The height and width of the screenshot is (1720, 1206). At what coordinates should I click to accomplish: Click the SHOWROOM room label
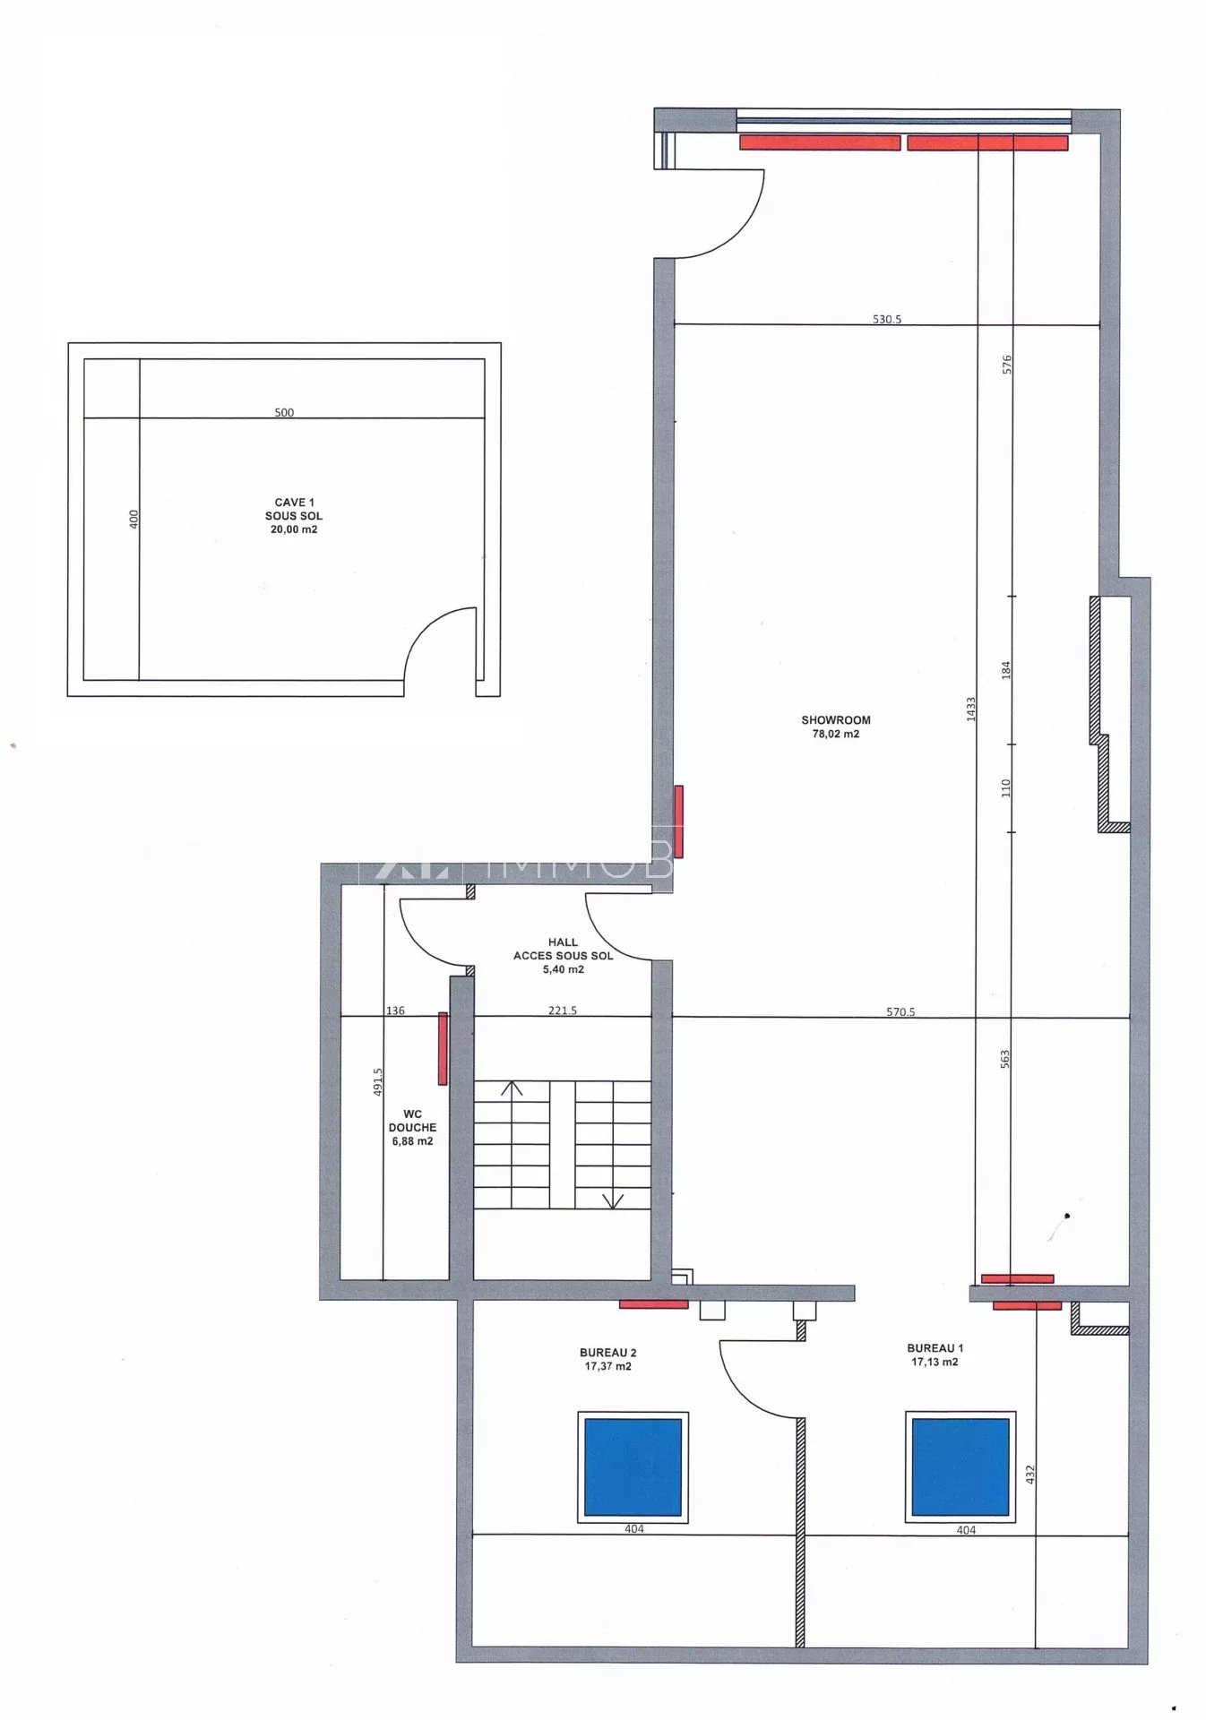point(835,720)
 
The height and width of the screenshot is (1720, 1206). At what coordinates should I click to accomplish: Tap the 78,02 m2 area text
point(835,734)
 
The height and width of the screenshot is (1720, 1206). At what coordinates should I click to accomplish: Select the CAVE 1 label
point(294,503)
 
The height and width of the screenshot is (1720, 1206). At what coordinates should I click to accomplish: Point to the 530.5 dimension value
point(887,319)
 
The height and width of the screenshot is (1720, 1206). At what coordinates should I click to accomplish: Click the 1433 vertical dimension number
point(971,709)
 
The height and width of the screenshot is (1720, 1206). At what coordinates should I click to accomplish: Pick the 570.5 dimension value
point(900,1012)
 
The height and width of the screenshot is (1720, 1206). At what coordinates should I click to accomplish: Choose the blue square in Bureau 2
point(633,1467)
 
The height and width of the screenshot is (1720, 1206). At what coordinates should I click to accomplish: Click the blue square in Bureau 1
point(960,1467)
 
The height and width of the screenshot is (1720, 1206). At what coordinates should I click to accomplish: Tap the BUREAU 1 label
point(935,1348)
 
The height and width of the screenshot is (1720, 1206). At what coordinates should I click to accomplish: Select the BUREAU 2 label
point(607,1353)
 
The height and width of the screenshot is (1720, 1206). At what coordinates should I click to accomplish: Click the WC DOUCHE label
point(412,1121)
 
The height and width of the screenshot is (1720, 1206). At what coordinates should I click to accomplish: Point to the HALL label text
point(563,942)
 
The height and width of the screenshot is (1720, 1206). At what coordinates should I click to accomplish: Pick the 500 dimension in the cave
point(284,413)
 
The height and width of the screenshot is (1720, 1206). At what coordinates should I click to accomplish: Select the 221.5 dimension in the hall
point(563,1010)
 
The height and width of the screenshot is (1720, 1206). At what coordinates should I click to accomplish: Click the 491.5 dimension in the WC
point(378,1081)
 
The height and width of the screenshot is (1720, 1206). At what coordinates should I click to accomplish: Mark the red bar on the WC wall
point(443,1049)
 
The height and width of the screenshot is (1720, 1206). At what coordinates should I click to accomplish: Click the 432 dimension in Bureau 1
point(1030,1474)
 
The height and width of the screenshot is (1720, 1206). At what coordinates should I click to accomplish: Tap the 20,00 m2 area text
point(294,529)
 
